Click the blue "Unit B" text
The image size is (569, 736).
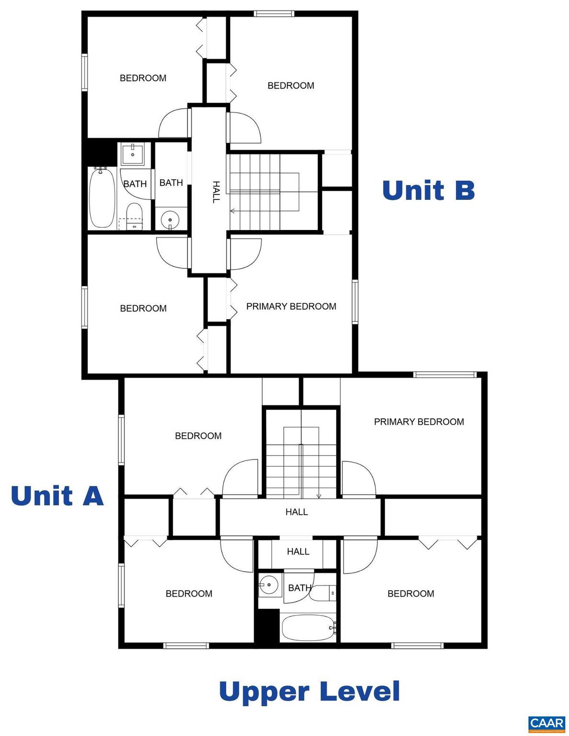click(428, 190)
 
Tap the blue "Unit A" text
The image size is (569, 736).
click(57, 495)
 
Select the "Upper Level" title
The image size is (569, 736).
click(309, 691)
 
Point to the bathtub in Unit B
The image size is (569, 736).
click(102, 197)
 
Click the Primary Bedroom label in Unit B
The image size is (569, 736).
click(291, 306)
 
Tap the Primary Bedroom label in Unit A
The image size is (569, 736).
click(418, 422)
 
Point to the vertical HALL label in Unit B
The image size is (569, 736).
click(216, 192)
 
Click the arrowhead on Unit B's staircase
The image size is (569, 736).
click(232, 210)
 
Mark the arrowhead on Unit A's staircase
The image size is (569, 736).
click(319, 495)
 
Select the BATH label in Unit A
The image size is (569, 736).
click(299, 587)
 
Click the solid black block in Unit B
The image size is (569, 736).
click(101, 151)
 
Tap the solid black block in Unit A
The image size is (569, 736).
click(267, 627)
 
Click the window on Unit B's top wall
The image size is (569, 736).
click(274, 13)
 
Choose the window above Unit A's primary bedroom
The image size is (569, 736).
click(444, 375)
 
